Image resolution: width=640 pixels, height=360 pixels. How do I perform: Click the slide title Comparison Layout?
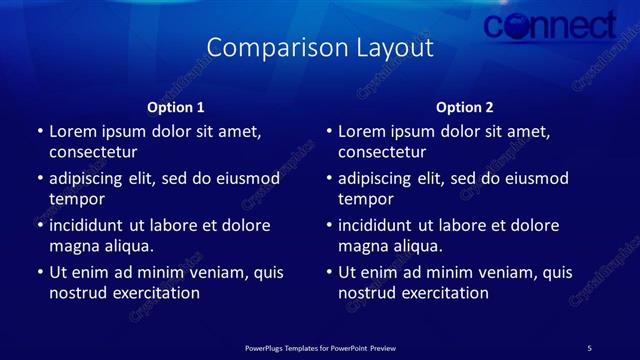coord(320,48)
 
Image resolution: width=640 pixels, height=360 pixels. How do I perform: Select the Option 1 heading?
coord(176,107)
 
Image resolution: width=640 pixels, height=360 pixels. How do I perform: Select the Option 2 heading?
coord(465,107)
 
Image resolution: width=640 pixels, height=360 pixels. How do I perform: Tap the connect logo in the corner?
coord(549,25)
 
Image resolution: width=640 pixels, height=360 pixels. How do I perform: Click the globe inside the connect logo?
coord(520,28)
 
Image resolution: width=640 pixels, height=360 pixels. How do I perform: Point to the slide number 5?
coord(589,348)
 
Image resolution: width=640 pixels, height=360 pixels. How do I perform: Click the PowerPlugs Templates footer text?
coord(320,348)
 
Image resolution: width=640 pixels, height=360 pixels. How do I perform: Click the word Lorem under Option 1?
coord(73,131)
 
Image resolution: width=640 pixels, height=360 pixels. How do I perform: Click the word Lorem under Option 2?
coord(362,131)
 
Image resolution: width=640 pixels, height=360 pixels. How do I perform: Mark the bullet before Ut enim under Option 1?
coord(40,272)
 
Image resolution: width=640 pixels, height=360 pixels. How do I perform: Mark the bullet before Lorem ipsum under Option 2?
coord(329,131)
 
